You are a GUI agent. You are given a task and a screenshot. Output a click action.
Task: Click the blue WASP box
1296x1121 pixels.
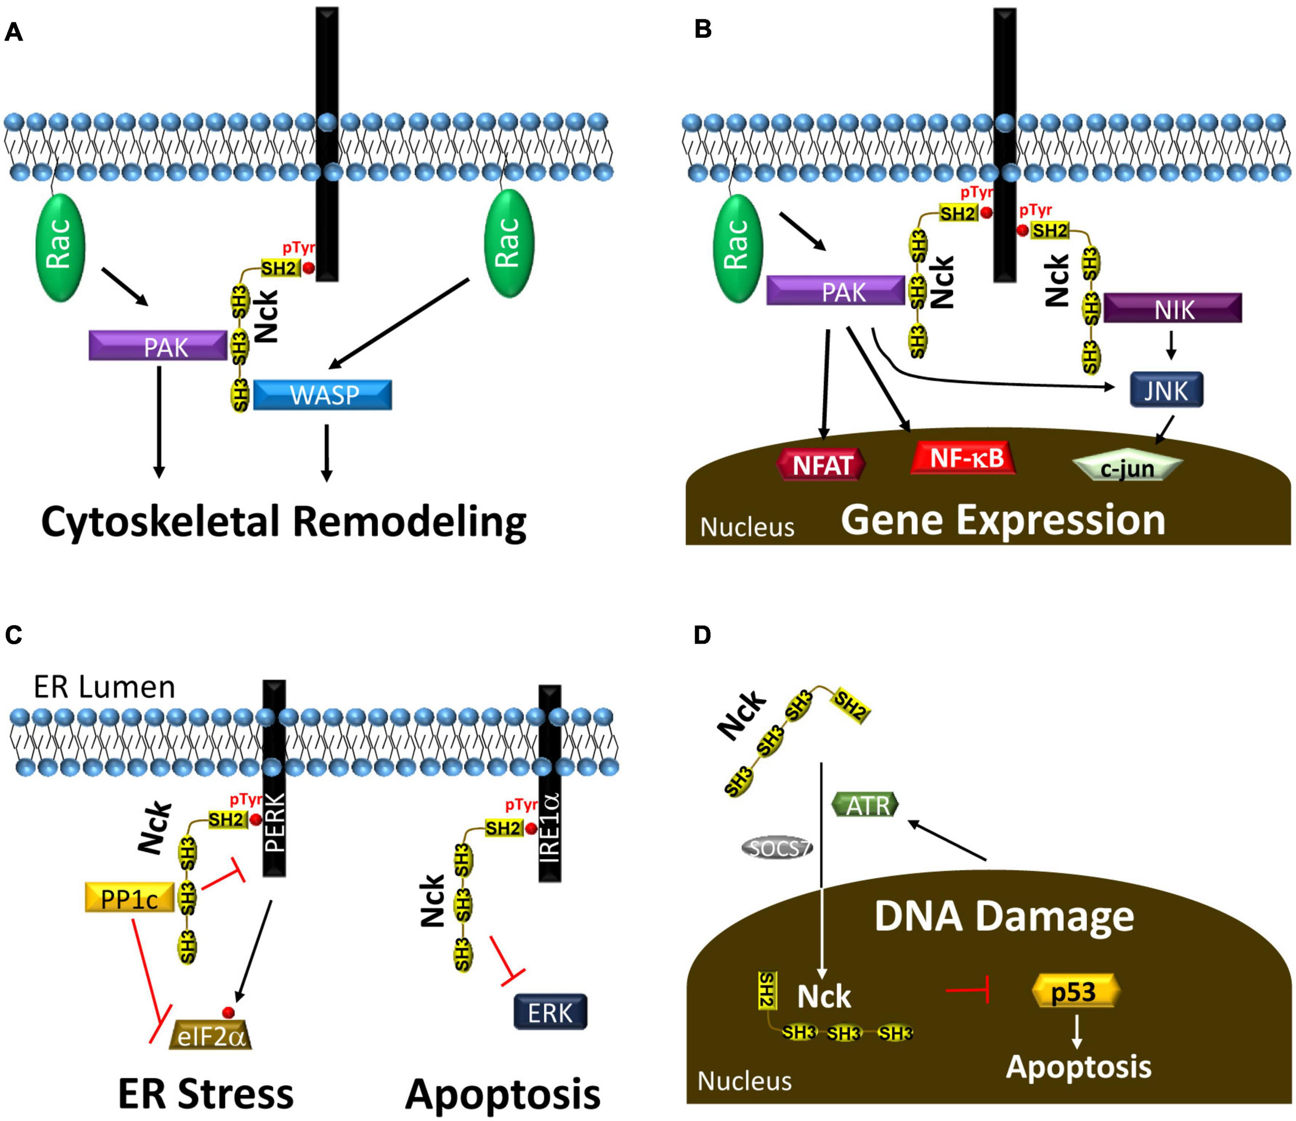(323, 395)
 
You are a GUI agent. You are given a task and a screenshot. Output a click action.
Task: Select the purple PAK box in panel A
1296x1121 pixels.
(158, 346)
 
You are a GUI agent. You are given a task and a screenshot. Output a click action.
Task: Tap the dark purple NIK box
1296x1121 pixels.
(1173, 309)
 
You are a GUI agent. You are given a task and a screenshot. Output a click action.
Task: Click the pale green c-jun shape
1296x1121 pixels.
(1128, 467)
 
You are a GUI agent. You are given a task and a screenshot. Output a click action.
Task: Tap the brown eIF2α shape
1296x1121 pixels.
(210, 1036)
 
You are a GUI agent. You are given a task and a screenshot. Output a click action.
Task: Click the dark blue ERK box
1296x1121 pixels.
(551, 1013)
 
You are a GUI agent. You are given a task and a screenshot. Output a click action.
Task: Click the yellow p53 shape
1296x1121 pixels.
(1073, 992)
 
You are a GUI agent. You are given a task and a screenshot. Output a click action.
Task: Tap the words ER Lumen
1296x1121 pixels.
(104, 687)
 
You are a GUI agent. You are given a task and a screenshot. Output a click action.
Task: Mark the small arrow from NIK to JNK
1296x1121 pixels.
(1172, 345)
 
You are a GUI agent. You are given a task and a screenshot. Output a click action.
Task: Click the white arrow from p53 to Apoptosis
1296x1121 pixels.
(1076, 1031)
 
